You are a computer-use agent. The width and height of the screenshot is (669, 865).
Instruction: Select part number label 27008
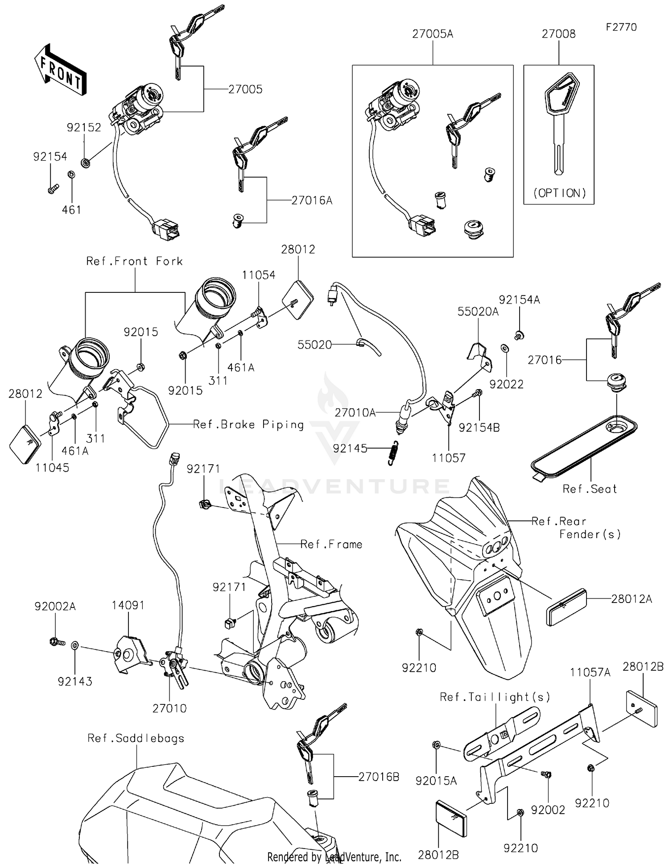(x=558, y=34)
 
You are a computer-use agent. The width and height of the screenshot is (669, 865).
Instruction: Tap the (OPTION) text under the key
(x=559, y=193)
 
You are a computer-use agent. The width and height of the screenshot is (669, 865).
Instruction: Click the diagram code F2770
(x=621, y=27)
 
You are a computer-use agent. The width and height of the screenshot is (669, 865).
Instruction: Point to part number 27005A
(x=432, y=34)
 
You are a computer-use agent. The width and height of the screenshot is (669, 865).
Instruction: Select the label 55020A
(x=478, y=312)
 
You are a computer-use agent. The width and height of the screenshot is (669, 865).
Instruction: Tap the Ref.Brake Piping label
(x=248, y=424)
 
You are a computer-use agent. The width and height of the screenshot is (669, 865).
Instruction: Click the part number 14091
(x=128, y=605)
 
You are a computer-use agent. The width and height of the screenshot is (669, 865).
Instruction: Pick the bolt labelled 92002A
(x=57, y=642)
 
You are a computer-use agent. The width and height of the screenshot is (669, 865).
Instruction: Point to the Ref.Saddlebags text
(x=136, y=738)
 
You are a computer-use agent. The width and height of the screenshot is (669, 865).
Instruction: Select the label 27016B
(x=379, y=777)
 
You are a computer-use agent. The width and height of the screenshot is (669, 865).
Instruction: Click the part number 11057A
(x=590, y=672)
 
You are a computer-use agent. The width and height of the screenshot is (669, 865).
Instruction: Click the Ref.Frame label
(x=331, y=544)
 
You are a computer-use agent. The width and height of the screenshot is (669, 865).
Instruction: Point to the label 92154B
(x=479, y=428)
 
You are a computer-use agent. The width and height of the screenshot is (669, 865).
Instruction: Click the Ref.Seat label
(x=590, y=489)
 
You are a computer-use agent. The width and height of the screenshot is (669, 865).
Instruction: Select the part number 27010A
(x=355, y=413)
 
